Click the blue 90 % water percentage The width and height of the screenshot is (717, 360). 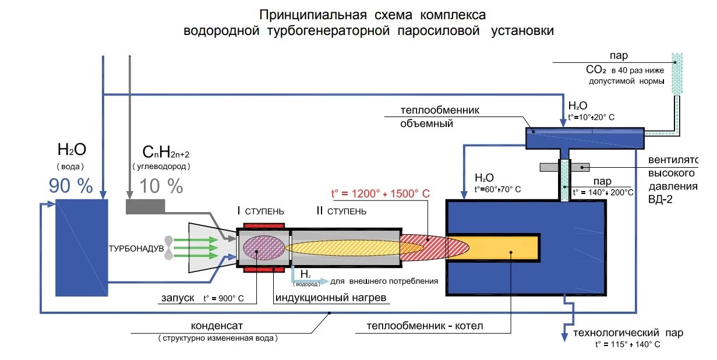(x=70, y=186)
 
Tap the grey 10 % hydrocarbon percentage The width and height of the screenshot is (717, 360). (x=161, y=186)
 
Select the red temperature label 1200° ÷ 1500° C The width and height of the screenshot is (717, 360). (x=380, y=193)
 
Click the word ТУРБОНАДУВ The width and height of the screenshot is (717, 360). (x=136, y=248)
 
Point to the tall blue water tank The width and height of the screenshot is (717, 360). (x=82, y=248)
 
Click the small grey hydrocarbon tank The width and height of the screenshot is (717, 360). (x=145, y=206)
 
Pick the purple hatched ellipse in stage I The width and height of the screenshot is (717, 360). (x=263, y=248)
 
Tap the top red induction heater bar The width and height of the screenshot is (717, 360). (x=264, y=226)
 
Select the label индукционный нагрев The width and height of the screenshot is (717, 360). (x=331, y=298)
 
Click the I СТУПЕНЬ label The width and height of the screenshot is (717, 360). (x=260, y=211)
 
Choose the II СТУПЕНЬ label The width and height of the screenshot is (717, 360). (x=341, y=211)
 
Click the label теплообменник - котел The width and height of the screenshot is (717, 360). (x=425, y=326)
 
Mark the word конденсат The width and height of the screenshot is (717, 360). (x=217, y=326)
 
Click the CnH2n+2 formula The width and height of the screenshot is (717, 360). (x=166, y=151)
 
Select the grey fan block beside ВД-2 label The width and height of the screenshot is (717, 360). (x=564, y=167)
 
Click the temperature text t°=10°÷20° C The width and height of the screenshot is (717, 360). (x=591, y=118)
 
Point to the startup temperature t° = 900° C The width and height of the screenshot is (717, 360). (x=224, y=298)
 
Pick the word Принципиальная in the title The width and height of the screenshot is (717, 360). (x=313, y=15)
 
